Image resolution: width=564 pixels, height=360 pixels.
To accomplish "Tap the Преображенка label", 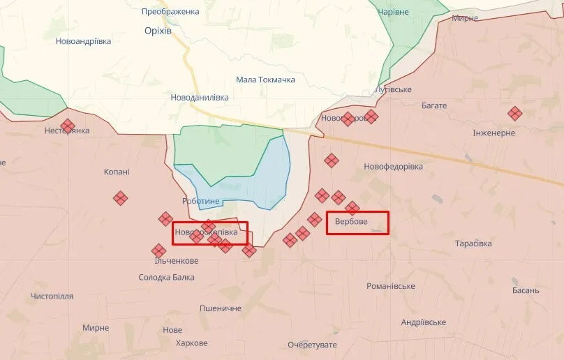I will coord(170,12).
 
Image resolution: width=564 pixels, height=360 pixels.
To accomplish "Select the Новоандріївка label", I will coord(83,41).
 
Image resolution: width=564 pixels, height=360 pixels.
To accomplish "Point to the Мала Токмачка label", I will coord(265,80).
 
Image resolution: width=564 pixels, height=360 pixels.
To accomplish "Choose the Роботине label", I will coord(200,202).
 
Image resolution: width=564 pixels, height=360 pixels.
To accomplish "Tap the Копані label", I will coord(117,172).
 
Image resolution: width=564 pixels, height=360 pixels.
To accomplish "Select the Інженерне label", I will coord(493,133).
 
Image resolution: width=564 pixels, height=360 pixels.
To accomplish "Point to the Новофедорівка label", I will coord(393,167).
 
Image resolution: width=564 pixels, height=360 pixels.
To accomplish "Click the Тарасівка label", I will coord(473,243).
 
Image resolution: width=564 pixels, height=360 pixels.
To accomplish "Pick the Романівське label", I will coord(391,286).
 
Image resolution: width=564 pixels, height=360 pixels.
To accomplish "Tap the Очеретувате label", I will coord(312,345).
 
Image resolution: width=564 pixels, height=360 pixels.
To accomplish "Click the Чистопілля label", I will coord(52,297).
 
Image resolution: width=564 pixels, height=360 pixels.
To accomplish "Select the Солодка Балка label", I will coord(166,278).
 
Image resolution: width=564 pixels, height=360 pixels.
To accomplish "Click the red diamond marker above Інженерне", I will coord(514,113).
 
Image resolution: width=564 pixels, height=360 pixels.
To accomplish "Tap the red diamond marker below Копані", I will coord(120,198).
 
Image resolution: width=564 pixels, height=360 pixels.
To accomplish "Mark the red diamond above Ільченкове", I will coord(158,250).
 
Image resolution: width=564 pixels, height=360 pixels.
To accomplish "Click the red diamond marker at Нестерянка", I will coord(68,126).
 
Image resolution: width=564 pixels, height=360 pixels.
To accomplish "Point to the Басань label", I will coord(525,290).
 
